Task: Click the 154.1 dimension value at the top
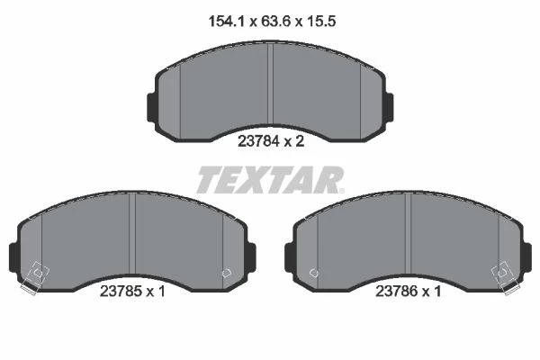click(226, 22)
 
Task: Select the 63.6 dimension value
click(275, 22)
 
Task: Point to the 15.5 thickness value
click(320, 22)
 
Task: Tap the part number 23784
click(258, 141)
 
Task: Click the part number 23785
click(121, 292)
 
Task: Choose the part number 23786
click(396, 292)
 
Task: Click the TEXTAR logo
click(270, 179)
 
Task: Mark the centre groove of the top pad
click(270, 84)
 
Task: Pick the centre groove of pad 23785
click(132, 234)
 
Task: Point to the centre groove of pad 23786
click(408, 234)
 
